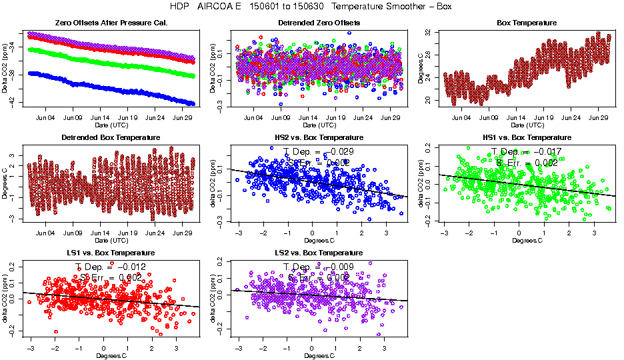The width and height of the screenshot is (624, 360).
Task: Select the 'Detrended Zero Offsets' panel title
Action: (319, 23)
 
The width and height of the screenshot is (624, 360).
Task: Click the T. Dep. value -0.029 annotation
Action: (319, 151)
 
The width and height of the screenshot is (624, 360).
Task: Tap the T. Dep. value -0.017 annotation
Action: (526, 151)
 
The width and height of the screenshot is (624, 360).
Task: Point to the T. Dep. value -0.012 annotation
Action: (110, 267)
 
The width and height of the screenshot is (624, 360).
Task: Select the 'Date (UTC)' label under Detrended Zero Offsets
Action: (319, 125)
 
